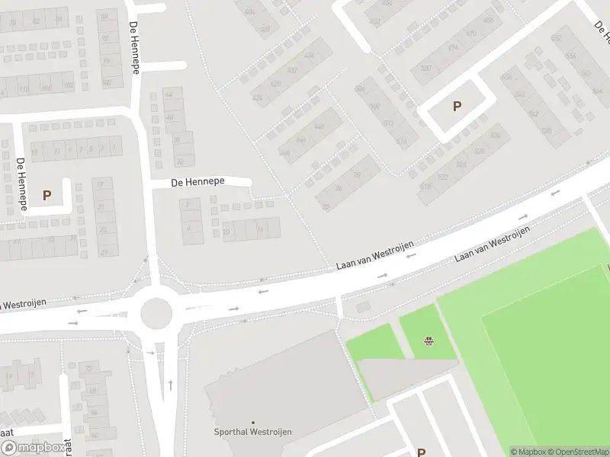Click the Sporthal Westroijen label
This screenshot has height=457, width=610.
pyautogui.click(x=252, y=432)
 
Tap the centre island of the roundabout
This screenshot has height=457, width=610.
pyautogui.click(x=157, y=312)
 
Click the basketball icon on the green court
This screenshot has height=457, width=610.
pyautogui.click(x=429, y=340)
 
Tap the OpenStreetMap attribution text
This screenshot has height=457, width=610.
pyautogui.click(x=578, y=452)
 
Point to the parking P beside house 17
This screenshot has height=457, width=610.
pyautogui.click(x=47, y=195)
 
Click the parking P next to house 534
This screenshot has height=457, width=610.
pyautogui.click(x=457, y=107)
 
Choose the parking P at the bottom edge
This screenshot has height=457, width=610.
pyautogui.click(x=421, y=452)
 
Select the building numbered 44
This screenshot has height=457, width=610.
pyautogui.click(x=169, y=94)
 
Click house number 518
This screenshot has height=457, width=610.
pyautogui.click(x=425, y=187)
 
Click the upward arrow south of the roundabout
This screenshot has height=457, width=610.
pyautogui.click(x=169, y=385)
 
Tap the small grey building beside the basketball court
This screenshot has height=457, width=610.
pyautogui.click(x=363, y=306)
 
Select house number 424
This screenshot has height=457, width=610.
pyautogui.click(x=257, y=97)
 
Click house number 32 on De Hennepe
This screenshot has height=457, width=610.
pyautogui.click(x=179, y=161)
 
